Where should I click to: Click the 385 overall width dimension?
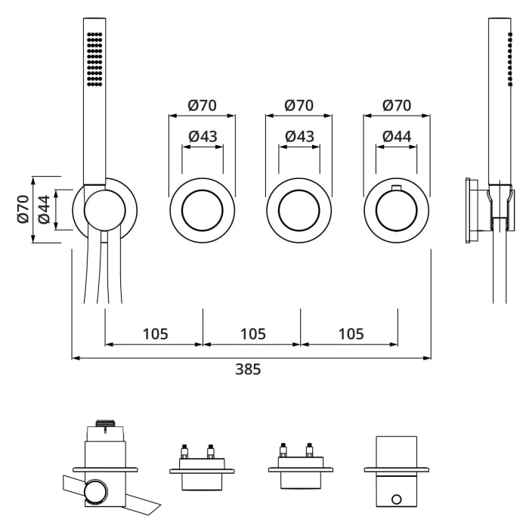coord(248,370)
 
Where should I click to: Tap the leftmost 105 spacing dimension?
coord(154,333)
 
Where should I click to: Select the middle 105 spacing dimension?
coord(252,333)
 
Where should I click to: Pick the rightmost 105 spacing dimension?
coord(351,333)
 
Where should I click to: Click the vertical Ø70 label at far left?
coord(22,209)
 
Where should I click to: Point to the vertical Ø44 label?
coord(44,209)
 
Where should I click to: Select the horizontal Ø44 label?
coord(397,137)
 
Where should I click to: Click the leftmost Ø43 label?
coord(202,137)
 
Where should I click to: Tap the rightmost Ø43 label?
coord(299,137)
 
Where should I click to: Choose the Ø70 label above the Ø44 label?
coord(397,106)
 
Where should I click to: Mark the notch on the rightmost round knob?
coord(396,187)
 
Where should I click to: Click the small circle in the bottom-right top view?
coord(397,500)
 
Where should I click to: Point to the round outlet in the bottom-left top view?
coord(94,494)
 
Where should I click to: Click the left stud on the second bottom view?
coord(184,453)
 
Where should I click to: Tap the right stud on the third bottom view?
coord(309,452)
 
